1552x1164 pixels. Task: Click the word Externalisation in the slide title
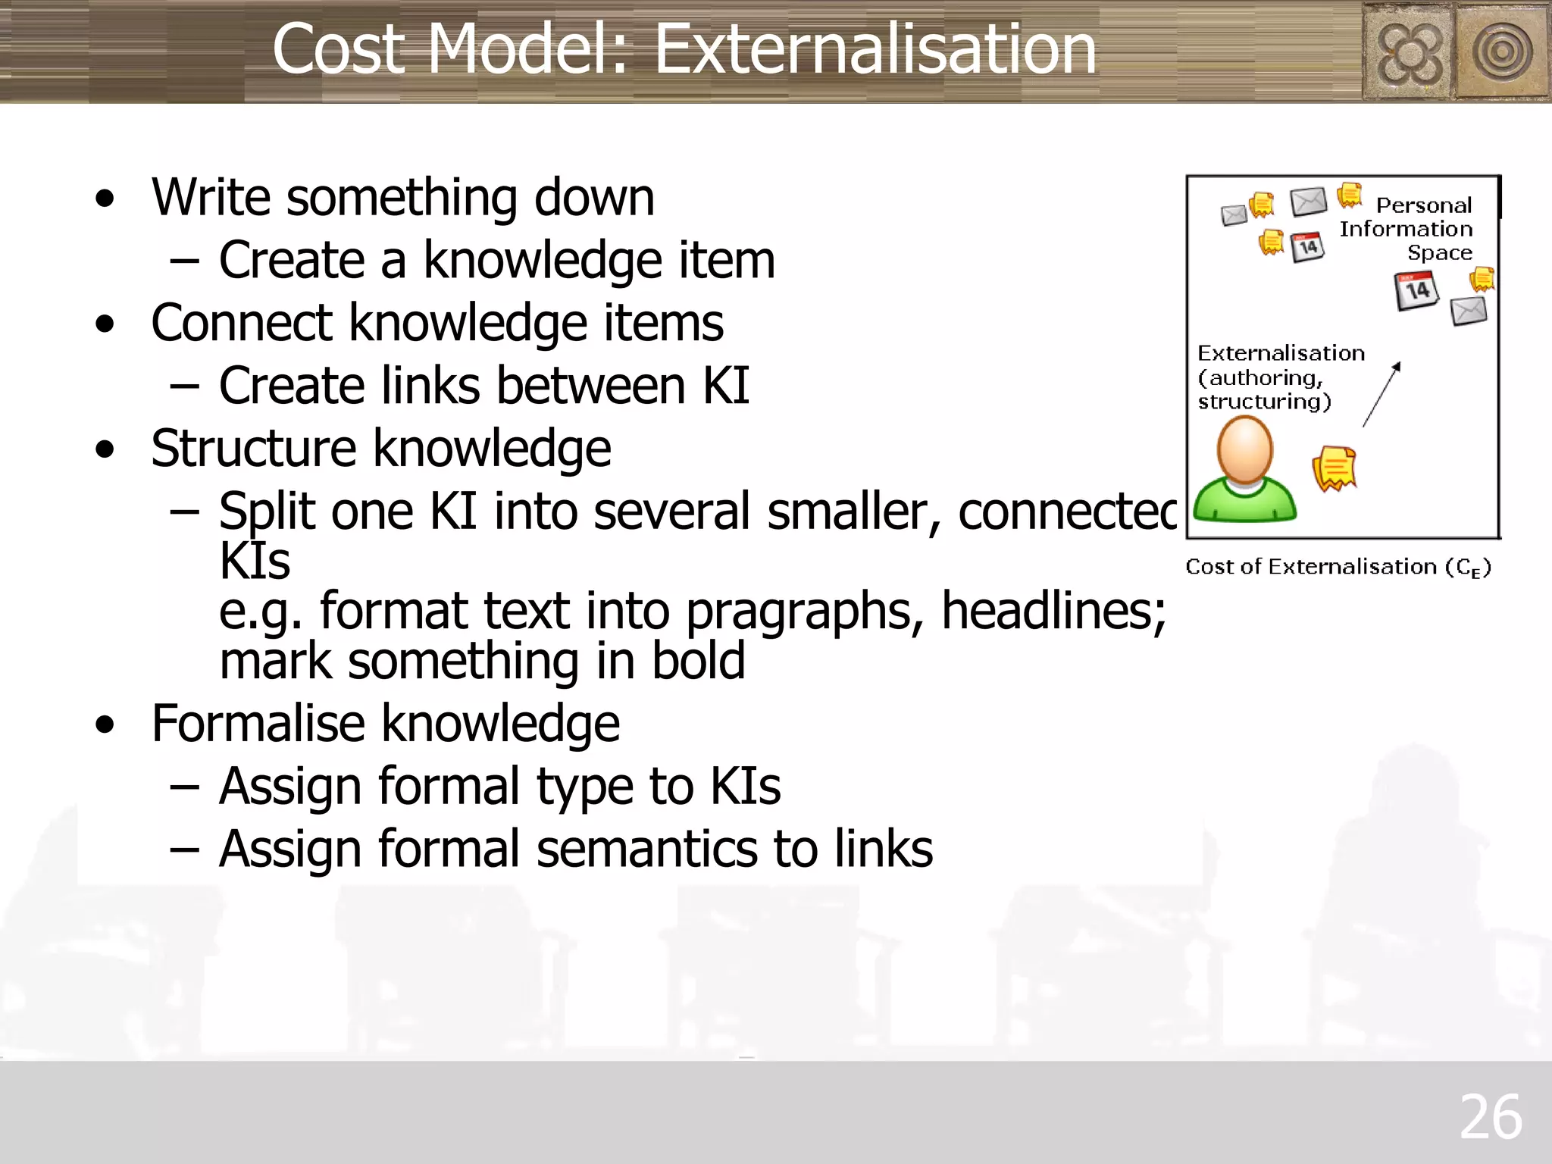875,49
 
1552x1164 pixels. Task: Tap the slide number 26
1490,1117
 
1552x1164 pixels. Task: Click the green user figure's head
1244,449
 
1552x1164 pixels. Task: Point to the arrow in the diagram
1381,395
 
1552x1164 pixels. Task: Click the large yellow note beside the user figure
1334,468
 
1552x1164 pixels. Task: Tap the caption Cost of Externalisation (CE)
1338,567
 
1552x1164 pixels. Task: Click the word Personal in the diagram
1423,205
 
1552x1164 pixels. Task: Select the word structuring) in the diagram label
1264,402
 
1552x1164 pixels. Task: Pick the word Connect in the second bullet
240,323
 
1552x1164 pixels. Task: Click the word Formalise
257,723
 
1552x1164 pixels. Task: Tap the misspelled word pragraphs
804,612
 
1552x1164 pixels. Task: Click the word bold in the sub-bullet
698,661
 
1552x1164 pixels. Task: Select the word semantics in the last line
646,849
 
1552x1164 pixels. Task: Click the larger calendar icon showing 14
1416,291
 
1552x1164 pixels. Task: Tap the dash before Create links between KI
184,386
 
